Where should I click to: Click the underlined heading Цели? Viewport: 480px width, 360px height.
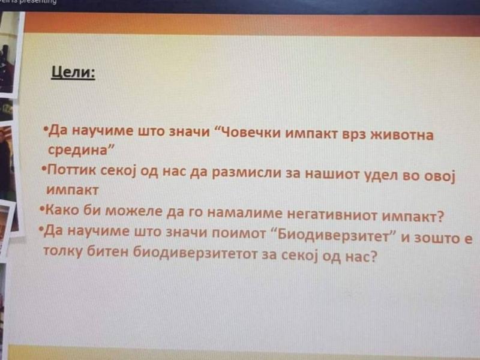73,73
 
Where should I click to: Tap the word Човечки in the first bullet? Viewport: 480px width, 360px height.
250,133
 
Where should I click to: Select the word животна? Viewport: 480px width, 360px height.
402,135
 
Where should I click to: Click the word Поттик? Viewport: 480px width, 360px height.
72,170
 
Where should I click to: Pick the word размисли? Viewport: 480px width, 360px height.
247,173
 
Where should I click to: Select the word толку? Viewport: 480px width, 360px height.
63,251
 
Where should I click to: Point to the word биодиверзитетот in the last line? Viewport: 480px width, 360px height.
195,254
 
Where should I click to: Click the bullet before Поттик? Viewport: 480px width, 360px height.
44,169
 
